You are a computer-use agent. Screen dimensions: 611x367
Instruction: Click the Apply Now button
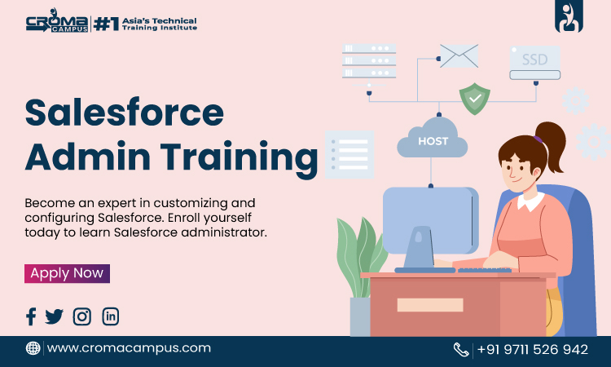67,273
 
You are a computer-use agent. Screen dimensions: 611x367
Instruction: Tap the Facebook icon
31,316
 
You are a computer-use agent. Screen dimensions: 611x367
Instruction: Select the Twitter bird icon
54,316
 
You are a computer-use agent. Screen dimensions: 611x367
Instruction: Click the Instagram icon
81,316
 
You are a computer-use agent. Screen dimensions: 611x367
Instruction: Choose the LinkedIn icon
111,316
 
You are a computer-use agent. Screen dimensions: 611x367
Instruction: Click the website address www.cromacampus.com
129,348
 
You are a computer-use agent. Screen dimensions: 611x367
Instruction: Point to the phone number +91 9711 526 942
533,349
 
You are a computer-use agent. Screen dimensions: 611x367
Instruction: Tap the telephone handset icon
461,349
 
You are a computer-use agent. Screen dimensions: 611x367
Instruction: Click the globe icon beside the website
33,348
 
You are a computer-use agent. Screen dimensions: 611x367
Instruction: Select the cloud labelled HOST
433,138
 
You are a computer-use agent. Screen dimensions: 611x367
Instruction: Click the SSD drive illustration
535,63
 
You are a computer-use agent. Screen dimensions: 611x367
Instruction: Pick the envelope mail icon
459,56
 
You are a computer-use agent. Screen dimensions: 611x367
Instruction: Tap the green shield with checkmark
475,99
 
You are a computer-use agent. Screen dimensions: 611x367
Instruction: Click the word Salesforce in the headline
125,113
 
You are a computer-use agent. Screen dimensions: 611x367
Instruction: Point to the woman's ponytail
552,144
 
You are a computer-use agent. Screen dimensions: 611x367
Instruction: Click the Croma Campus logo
57,21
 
